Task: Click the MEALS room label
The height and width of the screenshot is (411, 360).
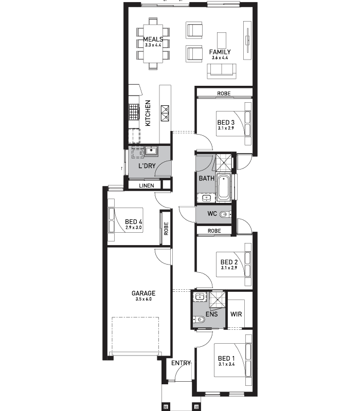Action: pyautogui.click(x=153, y=40)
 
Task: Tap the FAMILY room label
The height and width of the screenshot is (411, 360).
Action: pyautogui.click(x=220, y=52)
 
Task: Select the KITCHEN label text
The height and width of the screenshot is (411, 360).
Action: pyautogui.click(x=148, y=113)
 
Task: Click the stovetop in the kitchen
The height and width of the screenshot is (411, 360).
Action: pyautogui.click(x=133, y=111)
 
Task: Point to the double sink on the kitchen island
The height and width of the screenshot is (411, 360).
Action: pyautogui.click(x=165, y=113)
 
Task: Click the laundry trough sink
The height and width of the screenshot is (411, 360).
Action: pyautogui.click(x=151, y=151)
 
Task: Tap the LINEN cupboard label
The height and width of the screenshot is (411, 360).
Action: pyautogui.click(x=147, y=185)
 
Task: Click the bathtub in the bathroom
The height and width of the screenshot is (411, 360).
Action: pyautogui.click(x=223, y=187)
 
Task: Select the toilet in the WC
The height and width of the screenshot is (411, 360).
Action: pyautogui.click(x=225, y=215)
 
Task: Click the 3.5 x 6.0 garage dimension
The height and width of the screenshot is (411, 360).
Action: pyautogui.click(x=143, y=299)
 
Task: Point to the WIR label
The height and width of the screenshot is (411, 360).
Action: pyautogui.click(x=236, y=314)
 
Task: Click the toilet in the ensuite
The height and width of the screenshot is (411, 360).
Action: pyautogui.click(x=199, y=320)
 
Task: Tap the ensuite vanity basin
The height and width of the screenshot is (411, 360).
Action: pyautogui.click(x=200, y=297)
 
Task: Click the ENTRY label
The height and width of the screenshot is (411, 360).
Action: pyautogui.click(x=181, y=363)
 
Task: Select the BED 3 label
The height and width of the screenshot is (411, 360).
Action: pyautogui.click(x=226, y=122)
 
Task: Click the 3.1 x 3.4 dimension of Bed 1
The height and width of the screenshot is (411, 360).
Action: pyautogui.click(x=226, y=364)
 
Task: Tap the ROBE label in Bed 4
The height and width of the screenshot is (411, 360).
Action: pyautogui.click(x=166, y=228)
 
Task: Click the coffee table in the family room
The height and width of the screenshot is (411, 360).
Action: pyautogui.click(x=222, y=41)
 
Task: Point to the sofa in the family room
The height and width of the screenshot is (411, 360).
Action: pyautogui.click(x=222, y=71)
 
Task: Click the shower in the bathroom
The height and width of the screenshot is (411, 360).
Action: pyautogui.click(x=224, y=163)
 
